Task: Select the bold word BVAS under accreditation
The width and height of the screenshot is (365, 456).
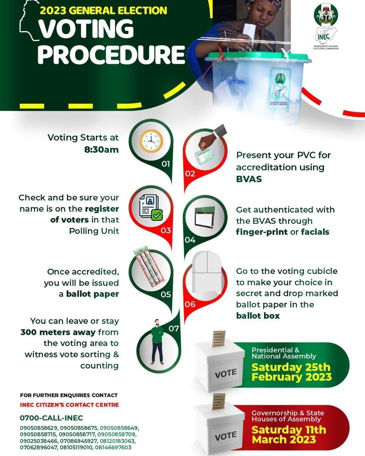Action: click(x=248, y=179)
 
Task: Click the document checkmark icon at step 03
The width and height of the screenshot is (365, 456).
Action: click(x=151, y=208)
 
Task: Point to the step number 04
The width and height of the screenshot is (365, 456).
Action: click(x=190, y=240)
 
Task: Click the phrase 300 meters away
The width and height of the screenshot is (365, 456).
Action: click(x=53, y=332)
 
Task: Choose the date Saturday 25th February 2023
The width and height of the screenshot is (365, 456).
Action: click(x=291, y=372)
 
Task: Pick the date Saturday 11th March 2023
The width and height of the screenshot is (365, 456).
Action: click(x=289, y=434)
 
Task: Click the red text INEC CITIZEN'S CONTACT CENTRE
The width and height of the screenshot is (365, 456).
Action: click(x=69, y=405)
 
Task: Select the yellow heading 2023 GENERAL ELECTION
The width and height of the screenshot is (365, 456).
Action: click(x=104, y=11)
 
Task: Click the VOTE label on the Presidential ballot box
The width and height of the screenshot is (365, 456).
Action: click(x=226, y=374)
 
